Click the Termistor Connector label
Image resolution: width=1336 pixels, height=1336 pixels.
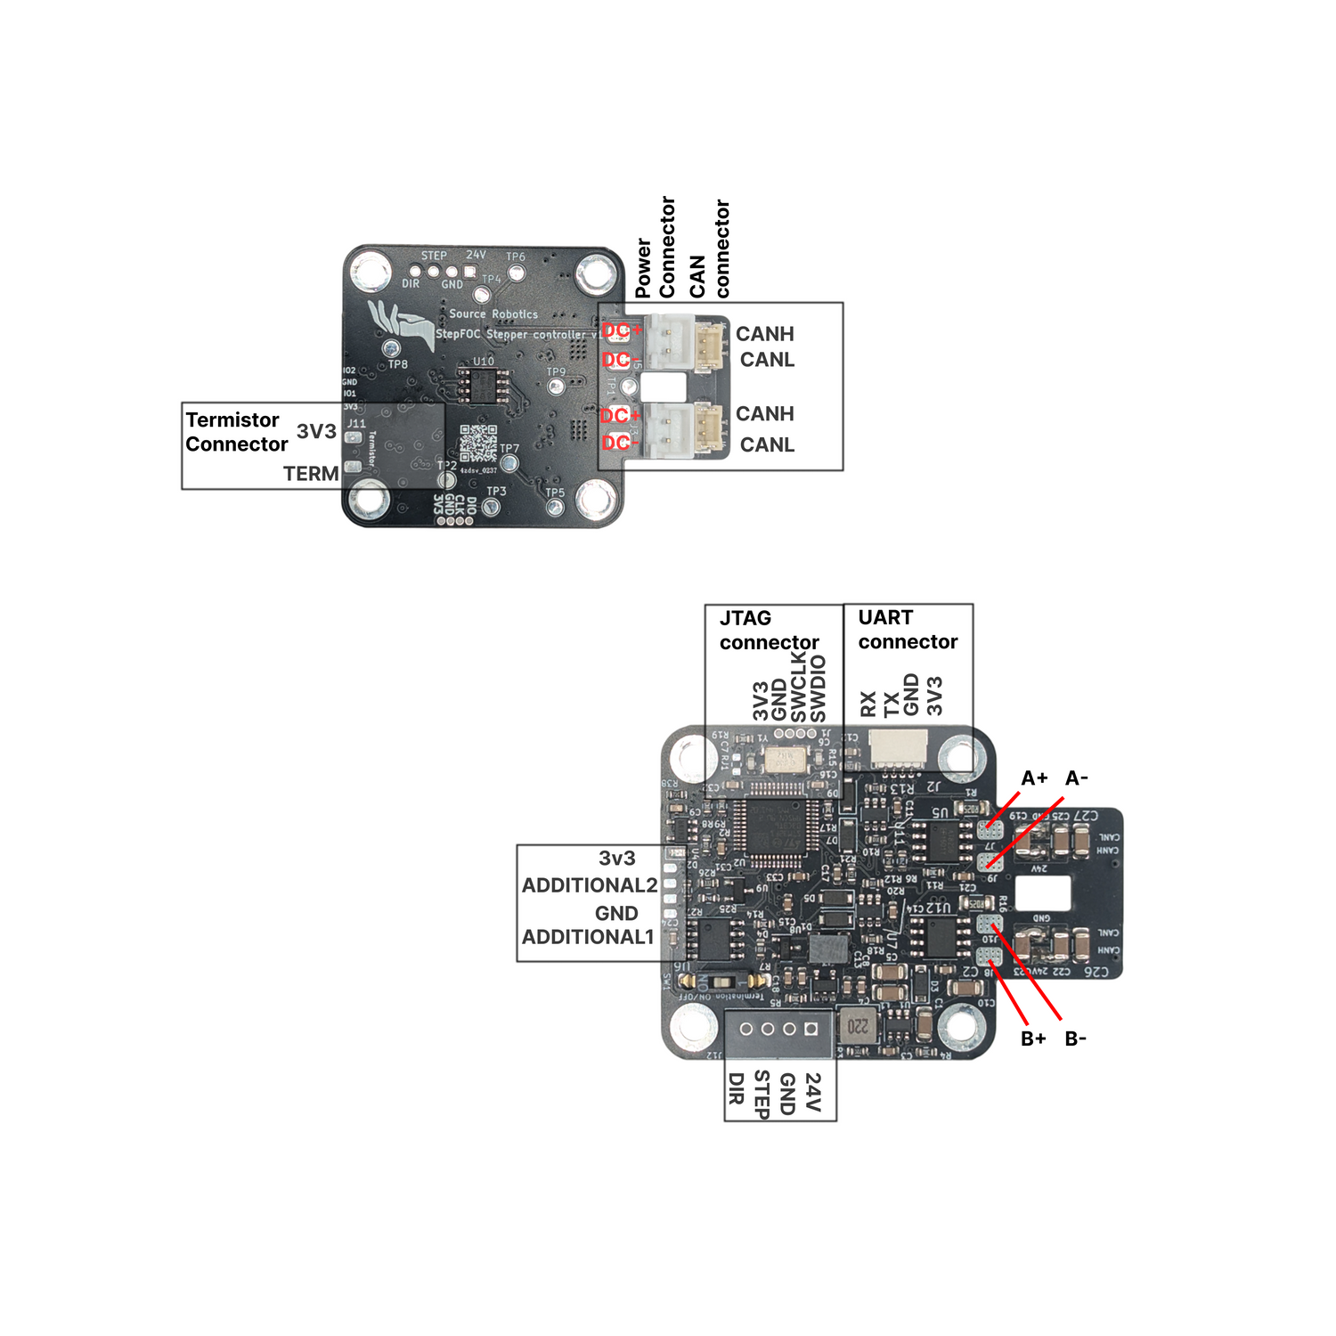[236, 432]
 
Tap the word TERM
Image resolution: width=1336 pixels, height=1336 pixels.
[311, 474]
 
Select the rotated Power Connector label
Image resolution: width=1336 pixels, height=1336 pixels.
[656, 248]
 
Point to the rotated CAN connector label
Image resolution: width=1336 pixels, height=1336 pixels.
[710, 249]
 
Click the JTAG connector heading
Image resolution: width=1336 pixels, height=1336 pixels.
[769, 630]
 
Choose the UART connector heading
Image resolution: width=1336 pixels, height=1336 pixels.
[907, 630]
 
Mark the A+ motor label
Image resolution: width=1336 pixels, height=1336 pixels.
[1034, 778]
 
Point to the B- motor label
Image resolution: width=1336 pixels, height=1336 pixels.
[1076, 1039]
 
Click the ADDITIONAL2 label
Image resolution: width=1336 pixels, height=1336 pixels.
[590, 885]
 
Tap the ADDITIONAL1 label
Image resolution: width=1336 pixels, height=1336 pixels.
[588, 937]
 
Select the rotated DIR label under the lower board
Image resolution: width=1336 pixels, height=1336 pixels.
[736, 1088]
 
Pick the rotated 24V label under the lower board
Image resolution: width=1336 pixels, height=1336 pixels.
[812, 1091]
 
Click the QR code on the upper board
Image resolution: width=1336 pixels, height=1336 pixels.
[478, 443]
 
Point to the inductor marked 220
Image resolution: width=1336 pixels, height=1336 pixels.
[857, 1026]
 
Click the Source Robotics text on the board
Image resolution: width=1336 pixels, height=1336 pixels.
[493, 314]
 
